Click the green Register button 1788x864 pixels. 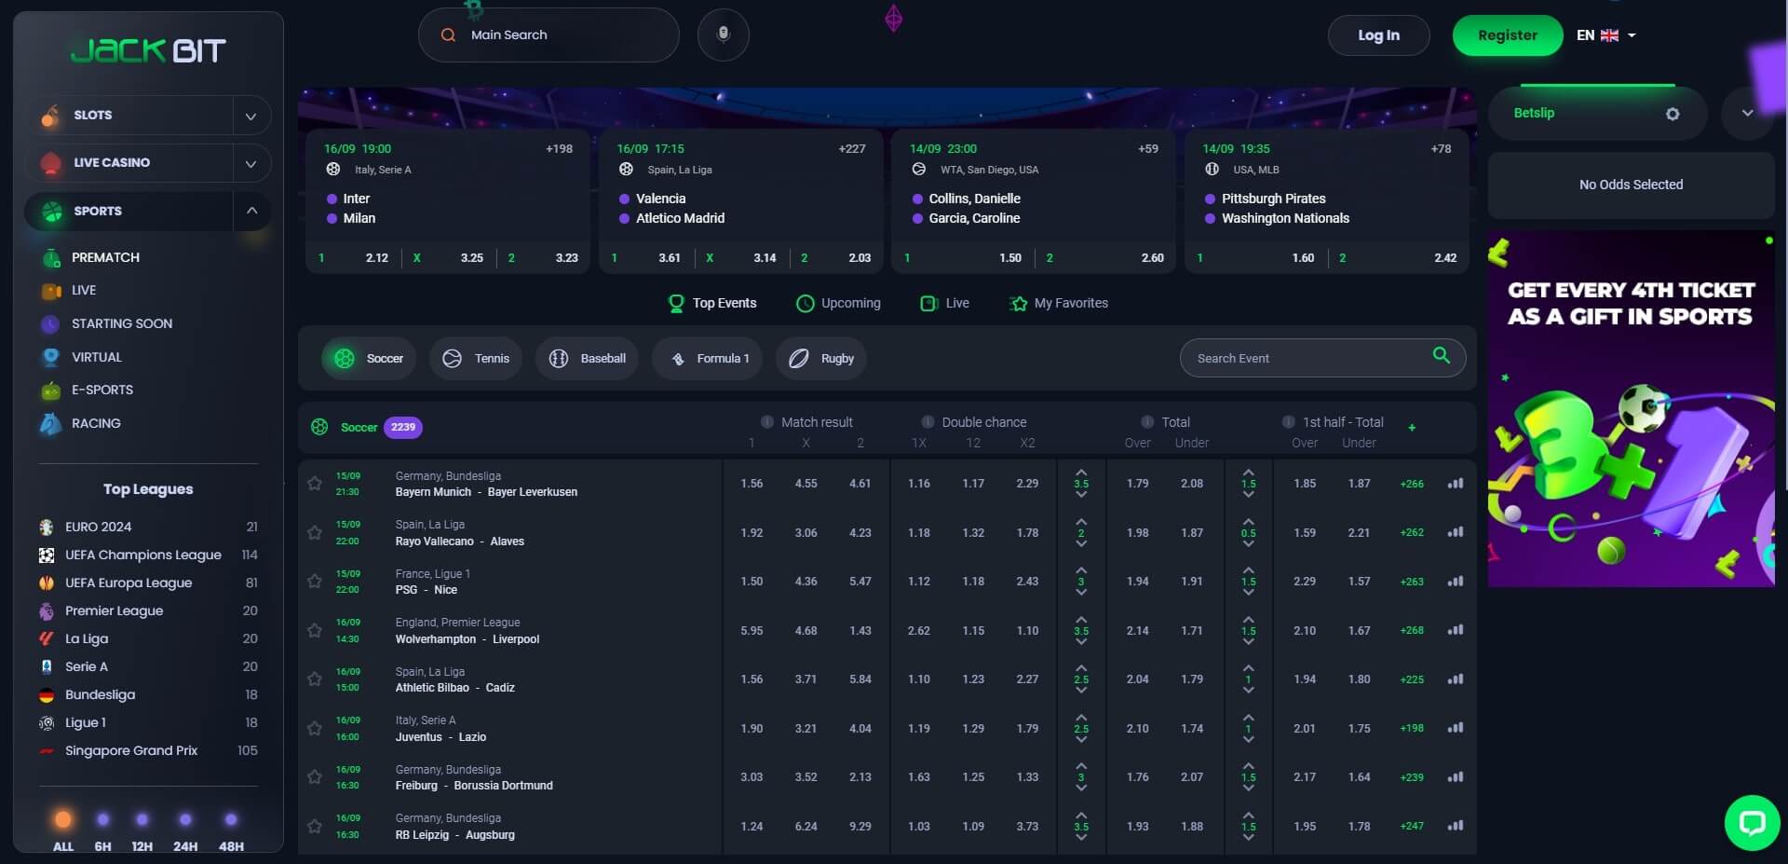pyautogui.click(x=1507, y=35)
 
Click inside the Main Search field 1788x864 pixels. pyautogui.click(x=559, y=35)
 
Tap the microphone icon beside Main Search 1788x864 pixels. pyautogui.click(x=723, y=35)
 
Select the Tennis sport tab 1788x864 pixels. pyautogui.click(x=476, y=359)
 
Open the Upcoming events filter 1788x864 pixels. pyautogui.click(x=839, y=304)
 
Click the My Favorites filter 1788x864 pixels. pyautogui.click(x=1060, y=304)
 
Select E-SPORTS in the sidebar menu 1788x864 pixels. pyautogui.click(x=102, y=391)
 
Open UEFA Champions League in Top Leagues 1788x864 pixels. pyautogui.click(x=142, y=555)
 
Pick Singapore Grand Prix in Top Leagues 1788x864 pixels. pyautogui.click(x=130, y=751)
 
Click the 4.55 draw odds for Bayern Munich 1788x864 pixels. pyautogui.click(x=806, y=484)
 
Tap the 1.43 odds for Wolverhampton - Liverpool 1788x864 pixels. pyautogui.click(x=860, y=631)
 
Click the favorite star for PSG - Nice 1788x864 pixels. pyautogui.click(x=315, y=582)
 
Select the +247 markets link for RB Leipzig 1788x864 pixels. pyautogui.click(x=1411, y=827)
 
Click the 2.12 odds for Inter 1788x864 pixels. pyautogui.click(x=376, y=258)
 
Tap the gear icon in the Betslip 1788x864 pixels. pyautogui.click(x=1673, y=114)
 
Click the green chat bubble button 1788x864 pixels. pyautogui.click(x=1752, y=823)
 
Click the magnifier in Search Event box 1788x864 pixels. pyautogui.click(x=1441, y=355)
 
